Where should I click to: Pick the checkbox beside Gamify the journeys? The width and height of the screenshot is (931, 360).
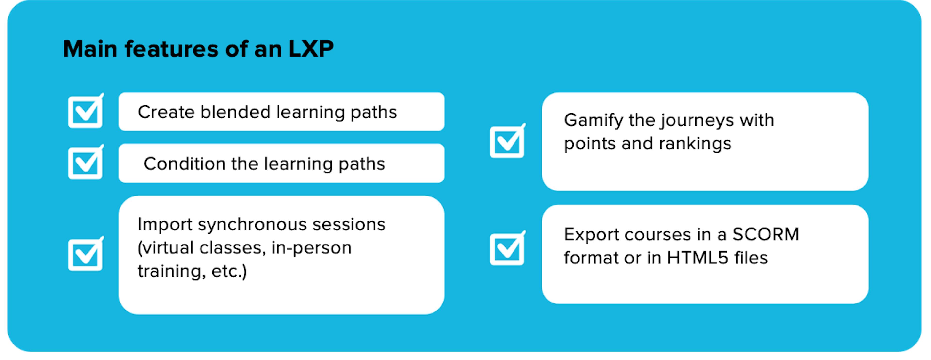(x=507, y=141)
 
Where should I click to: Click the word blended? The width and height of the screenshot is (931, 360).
(x=235, y=112)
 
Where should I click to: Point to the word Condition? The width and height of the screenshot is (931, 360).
(x=185, y=164)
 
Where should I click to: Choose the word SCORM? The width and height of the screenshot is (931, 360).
(x=766, y=235)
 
